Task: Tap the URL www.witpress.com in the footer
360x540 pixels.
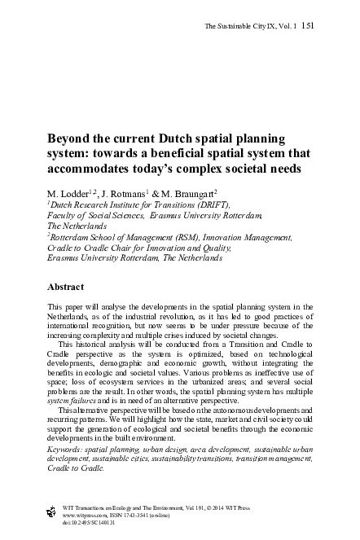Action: coord(87,514)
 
